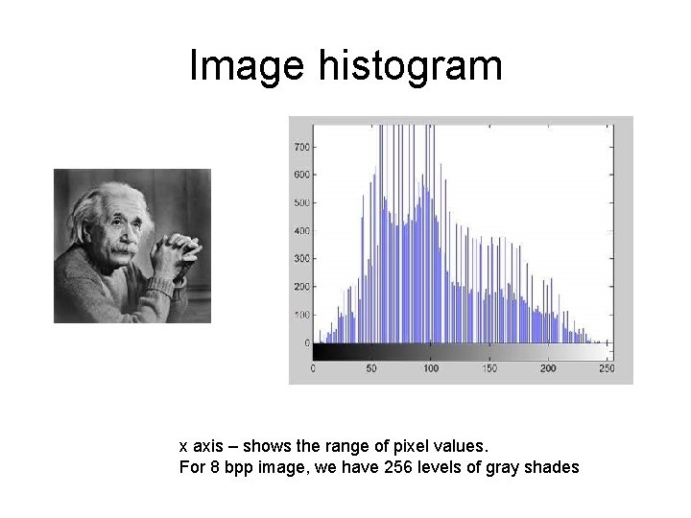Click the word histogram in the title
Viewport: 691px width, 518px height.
407,66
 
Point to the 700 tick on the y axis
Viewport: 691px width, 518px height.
301,147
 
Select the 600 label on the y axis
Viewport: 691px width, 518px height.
301,175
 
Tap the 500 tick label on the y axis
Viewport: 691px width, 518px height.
301,202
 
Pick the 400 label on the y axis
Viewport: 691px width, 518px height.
301,231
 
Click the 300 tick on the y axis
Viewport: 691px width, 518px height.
301,259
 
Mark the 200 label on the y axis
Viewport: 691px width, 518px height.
301,287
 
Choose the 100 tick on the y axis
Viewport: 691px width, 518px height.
301,315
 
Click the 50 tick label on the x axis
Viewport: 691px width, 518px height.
372,368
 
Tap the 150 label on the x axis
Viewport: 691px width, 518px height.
489,368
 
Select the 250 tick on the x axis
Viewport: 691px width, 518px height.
606,368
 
